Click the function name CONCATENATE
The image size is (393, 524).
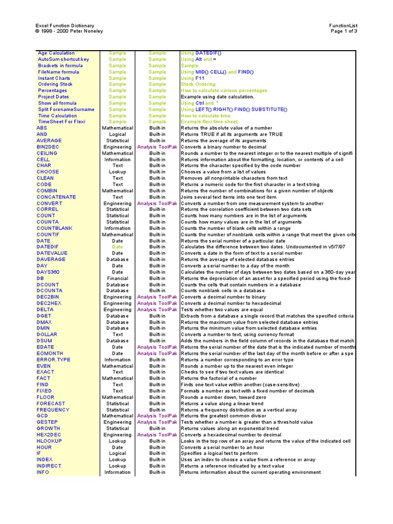56,197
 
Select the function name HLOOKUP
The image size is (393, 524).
49,441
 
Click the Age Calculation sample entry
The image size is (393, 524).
56,53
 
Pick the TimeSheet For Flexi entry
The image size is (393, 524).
61,122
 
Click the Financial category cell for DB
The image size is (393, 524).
118,278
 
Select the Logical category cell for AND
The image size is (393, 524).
118,135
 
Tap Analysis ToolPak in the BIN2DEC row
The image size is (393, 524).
157,147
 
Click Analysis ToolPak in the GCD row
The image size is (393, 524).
157,416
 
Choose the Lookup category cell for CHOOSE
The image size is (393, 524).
118,172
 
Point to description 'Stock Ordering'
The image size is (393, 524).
198,84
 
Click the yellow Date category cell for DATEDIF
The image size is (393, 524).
118,247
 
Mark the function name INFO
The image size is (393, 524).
43,472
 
